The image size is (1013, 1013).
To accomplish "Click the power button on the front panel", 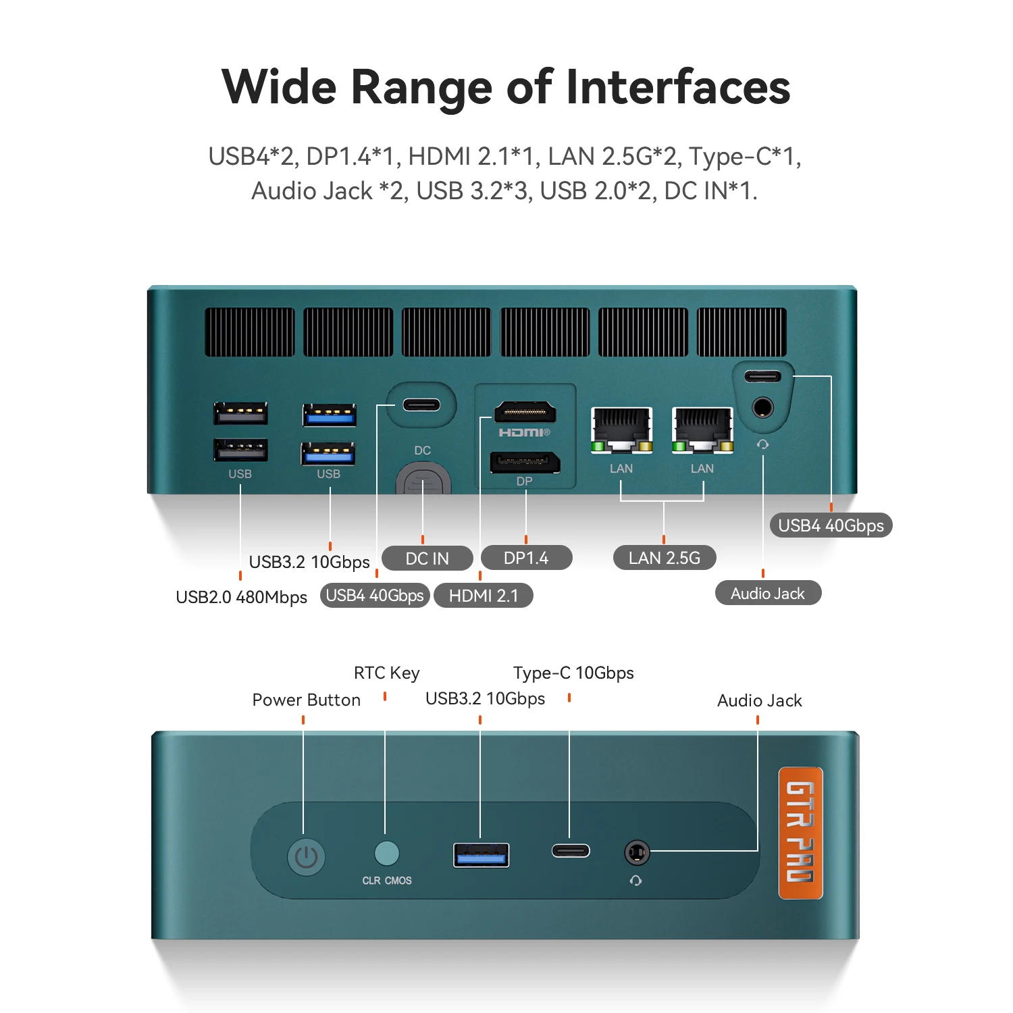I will point(307,857).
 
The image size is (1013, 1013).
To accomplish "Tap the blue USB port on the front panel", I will point(481,855).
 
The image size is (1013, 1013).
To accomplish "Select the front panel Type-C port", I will point(571,851).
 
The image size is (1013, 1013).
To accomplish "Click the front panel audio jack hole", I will point(636,853).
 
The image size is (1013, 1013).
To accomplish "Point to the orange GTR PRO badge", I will point(800,833).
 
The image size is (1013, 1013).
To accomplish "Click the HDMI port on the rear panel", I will point(525,411).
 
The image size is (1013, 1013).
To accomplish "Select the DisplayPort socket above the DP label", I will point(525,463).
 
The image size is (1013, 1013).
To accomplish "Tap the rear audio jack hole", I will point(762,407).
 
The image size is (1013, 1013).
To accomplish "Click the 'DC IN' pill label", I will point(427,559).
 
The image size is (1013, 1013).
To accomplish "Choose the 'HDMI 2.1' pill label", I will point(484,596).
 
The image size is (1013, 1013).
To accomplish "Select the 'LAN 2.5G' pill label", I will point(664,558).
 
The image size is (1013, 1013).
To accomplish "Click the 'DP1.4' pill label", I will point(526,558).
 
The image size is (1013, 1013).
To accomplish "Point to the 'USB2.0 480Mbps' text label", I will point(241,597).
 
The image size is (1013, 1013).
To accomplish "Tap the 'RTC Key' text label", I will point(386,673).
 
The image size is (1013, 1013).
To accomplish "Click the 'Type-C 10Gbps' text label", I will point(573,673).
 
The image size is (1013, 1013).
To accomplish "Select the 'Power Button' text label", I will point(306,700).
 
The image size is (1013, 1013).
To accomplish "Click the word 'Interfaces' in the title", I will point(678,87).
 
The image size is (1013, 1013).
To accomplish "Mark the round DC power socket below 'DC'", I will point(423,480).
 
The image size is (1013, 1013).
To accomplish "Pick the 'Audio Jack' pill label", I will point(768,594).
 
